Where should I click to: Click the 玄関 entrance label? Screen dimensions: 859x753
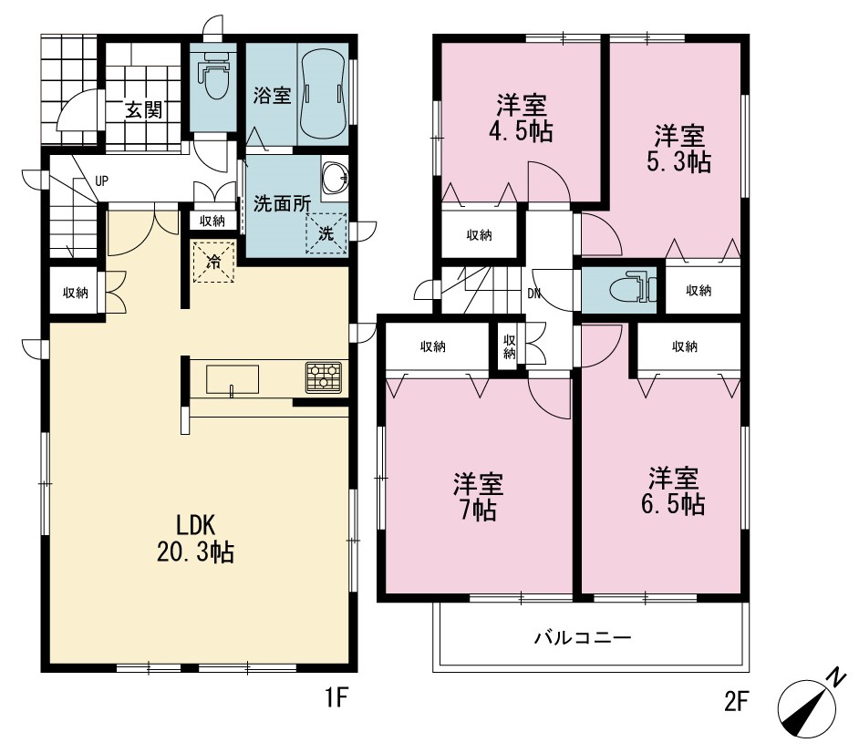pos(143,109)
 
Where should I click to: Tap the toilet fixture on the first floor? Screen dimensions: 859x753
pos(213,76)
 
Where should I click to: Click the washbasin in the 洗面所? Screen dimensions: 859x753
pos(335,178)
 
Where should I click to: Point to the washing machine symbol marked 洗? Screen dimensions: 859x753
pos(326,234)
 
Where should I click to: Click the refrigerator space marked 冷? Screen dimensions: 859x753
pos(213,262)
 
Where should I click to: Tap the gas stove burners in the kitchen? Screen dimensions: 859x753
pos(324,377)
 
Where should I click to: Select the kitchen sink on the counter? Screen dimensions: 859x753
pos(233,379)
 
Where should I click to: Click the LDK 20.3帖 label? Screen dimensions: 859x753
pos(196,539)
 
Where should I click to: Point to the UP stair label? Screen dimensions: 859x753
pos(102,181)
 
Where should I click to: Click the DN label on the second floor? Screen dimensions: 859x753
pos(533,294)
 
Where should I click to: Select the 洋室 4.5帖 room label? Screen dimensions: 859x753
pos(522,119)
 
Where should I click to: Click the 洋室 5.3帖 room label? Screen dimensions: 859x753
pos(679,149)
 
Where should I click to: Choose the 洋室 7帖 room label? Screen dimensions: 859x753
pos(478,497)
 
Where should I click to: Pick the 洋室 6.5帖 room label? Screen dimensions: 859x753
pos(673,491)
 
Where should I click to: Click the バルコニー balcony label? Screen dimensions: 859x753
pos(583,638)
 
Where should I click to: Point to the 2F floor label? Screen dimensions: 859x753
pos(736,701)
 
